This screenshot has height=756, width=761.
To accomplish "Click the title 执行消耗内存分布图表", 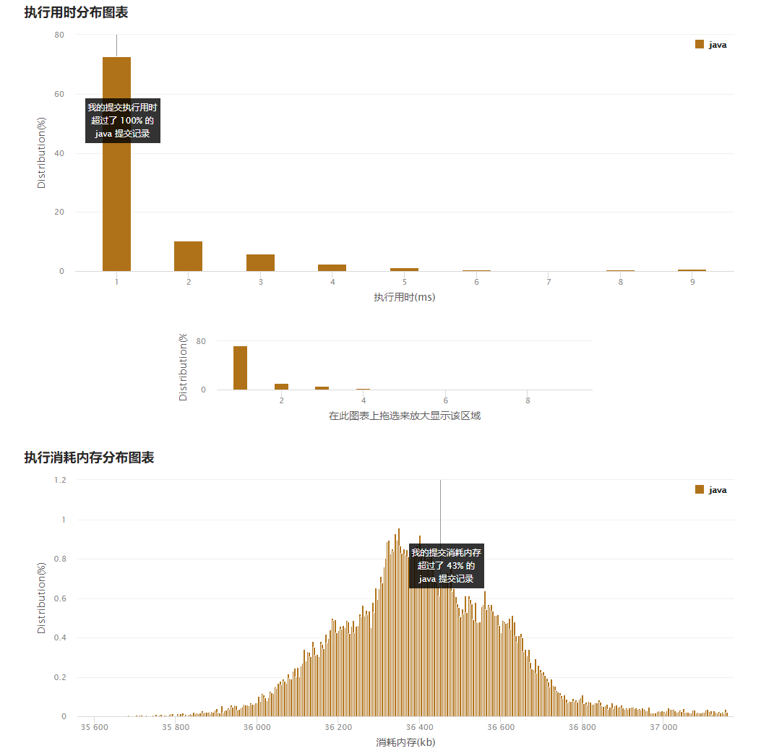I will (x=89, y=458).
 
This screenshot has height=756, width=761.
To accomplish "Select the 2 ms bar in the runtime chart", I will (x=188, y=256).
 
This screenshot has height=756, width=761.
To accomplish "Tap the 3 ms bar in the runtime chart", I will (x=260, y=262).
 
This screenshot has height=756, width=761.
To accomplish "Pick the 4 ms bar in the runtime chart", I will (x=332, y=267).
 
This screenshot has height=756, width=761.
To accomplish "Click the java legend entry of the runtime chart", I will (x=711, y=45).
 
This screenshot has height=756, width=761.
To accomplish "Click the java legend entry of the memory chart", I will (x=711, y=490).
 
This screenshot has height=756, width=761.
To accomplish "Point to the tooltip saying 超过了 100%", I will (x=122, y=121).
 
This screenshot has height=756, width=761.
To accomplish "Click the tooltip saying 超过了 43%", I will (x=446, y=566).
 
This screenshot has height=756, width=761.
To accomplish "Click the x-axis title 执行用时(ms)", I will (x=404, y=297).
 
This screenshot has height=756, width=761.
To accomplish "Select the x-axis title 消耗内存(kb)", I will (x=405, y=742).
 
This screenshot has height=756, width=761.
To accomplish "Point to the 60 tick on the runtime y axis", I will (x=59, y=94).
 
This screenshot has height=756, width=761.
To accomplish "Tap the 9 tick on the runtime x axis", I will (x=692, y=282).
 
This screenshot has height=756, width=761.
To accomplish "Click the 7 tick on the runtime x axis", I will (x=549, y=282).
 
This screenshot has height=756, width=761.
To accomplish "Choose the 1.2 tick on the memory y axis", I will (x=60, y=480).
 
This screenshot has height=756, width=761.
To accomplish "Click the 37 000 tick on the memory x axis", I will (x=663, y=728).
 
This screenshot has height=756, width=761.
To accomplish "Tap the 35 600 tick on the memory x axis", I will (x=94, y=728).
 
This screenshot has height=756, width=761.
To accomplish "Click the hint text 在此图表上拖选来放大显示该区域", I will (x=405, y=416).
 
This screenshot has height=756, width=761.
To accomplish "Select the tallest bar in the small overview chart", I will (x=240, y=368).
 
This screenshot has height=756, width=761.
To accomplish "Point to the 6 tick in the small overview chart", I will (x=445, y=400).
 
